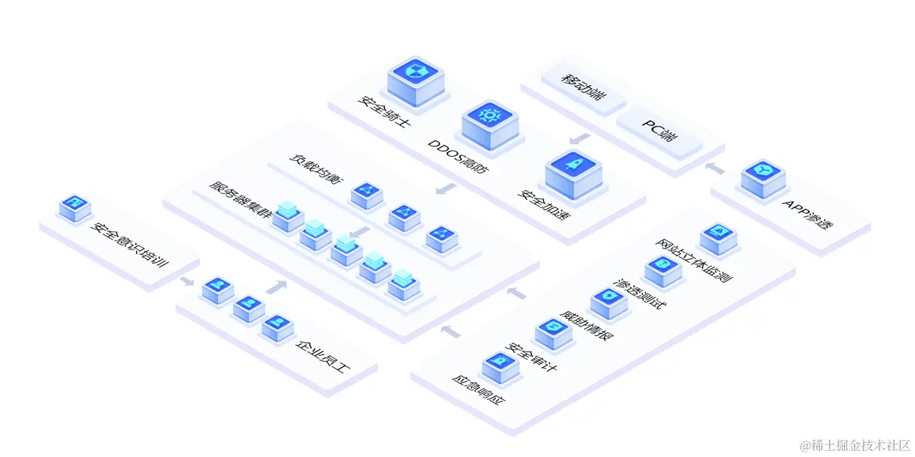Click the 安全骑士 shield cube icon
click(x=416, y=81)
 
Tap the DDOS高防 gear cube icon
click(x=490, y=125)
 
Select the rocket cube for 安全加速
click(x=574, y=174)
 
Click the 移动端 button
click(x=583, y=87)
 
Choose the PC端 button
click(x=659, y=130)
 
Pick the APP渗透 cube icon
click(x=763, y=179)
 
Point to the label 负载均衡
click(x=316, y=169)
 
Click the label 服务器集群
click(x=240, y=199)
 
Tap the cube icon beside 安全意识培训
click(x=75, y=208)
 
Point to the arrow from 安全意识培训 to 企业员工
click(x=187, y=282)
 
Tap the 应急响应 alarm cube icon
click(x=500, y=368)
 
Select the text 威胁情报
click(x=587, y=325)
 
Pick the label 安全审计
click(x=531, y=356)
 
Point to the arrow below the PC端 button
click(x=580, y=139)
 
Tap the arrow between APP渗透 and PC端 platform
click(x=715, y=168)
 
